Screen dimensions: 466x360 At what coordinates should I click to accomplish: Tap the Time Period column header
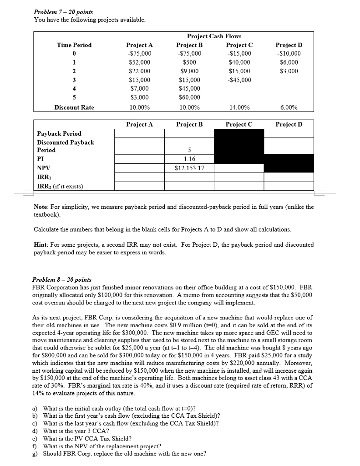74,45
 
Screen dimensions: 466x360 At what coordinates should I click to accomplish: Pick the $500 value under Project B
189,62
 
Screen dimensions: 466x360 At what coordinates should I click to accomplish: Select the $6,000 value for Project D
289,62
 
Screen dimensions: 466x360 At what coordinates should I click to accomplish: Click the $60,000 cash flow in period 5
189,97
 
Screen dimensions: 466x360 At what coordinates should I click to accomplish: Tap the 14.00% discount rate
239,108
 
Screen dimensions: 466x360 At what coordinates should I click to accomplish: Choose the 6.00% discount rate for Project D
289,108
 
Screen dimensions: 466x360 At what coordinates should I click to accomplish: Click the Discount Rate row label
74,108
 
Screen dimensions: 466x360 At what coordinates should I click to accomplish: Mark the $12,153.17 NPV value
189,168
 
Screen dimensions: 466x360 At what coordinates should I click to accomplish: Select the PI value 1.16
189,159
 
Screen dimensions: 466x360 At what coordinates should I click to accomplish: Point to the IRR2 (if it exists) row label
59,185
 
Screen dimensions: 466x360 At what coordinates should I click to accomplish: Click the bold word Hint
41,244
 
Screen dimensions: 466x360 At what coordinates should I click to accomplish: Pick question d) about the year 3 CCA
76,431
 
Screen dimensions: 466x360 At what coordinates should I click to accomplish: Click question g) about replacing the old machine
124,454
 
